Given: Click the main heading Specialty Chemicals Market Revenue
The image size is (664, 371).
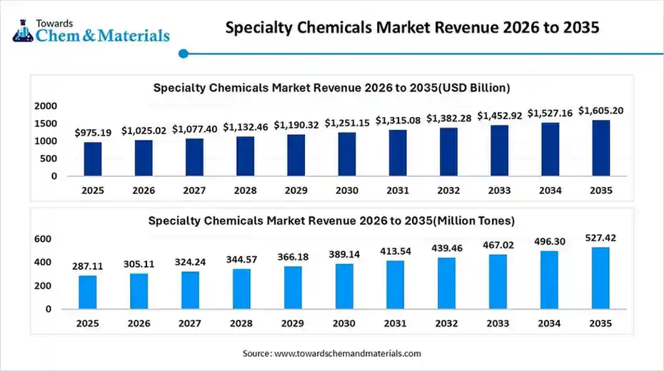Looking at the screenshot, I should pyautogui.click(x=412, y=27).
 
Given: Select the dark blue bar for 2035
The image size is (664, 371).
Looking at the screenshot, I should pyautogui.click(x=601, y=148).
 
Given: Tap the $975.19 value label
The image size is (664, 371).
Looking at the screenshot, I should pyautogui.click(x=93, y=133).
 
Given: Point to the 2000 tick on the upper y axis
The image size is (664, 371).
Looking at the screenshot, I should pyautogui.click(x=46, y=106).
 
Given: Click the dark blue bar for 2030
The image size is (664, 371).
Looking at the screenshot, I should pyautogui.click(x=347, y=154).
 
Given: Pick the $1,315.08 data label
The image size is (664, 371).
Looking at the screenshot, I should pyautogui.click(x=398, y=120).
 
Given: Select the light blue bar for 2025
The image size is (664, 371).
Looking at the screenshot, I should pyautogui.click(x=87, y=293).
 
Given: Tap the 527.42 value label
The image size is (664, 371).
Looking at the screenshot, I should pyautogui.click(x=601, y=238).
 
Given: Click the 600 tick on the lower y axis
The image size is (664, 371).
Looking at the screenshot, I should pyautogui.click(x=43, y=239).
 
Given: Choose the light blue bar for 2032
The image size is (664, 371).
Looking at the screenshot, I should pyautogui.click(x=446, y=283).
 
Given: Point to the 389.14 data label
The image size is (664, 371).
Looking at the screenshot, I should pyautogui.click(x=344, y=254).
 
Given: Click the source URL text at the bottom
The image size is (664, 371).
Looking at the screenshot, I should pyautogui.click(x=331, y=353).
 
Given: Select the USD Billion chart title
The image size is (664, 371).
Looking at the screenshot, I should pyautogui.click(x=331, y=88).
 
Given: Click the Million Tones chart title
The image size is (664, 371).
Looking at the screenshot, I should pyautogui.click(x=331, y=220).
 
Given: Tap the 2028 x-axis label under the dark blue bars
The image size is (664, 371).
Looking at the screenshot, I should pyautogui.click(x=246, y=190).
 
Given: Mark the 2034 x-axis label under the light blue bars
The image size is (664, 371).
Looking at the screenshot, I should pyautogui.click(x=550, y=323).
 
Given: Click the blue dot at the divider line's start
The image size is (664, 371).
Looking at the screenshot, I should pyautogui.click(x=183, y=53).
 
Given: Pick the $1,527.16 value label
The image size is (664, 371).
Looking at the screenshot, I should pyautogui.click(x=550, y=113).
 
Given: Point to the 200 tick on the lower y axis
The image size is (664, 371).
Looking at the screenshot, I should pyautogui.click(x=43, y=286).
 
